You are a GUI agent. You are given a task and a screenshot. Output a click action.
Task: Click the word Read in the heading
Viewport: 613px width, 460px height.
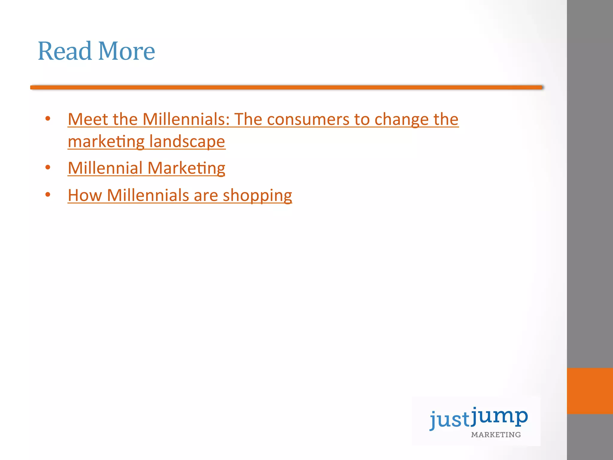(64, 51)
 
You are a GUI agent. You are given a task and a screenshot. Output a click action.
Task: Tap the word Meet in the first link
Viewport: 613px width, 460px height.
(88, 119)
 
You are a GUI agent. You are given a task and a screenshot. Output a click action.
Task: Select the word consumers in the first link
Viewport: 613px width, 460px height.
(308, 120)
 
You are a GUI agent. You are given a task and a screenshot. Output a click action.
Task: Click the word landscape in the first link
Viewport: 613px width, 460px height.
(187, 142)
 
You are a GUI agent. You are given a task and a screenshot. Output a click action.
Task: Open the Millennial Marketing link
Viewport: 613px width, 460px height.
(146, 168)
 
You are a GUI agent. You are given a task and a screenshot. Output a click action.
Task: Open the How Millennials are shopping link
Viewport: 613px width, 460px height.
(180, 196)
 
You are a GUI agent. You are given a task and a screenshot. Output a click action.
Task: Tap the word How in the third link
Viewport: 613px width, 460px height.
(85, 196)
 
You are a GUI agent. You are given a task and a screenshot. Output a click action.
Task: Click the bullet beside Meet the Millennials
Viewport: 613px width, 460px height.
(48, 119)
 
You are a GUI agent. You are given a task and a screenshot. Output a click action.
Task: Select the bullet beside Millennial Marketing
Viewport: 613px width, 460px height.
(48, 167)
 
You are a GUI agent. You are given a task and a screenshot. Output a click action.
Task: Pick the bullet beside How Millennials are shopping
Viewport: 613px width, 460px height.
(48, 195)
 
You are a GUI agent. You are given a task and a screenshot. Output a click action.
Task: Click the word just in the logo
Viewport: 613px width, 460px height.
(449, 419)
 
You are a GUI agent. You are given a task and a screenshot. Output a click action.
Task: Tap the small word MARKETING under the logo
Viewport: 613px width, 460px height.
(496, 435)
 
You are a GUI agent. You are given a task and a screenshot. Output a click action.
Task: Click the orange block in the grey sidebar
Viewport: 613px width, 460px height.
(590, 391)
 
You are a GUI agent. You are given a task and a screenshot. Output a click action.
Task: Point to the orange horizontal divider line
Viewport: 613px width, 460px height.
(287, 87)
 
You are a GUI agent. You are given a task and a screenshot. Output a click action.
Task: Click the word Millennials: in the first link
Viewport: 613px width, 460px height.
(186, 119)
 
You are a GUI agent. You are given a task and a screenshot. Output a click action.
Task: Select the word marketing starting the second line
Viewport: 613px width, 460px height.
(106, 142)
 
